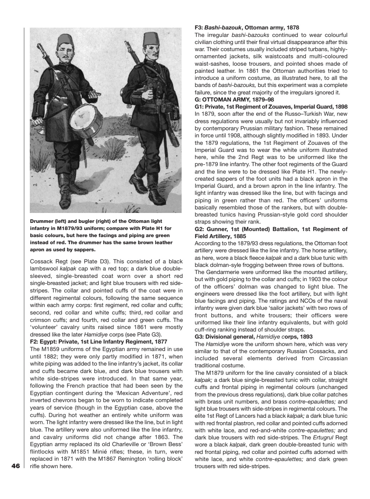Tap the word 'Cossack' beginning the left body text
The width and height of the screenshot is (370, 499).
(x=41, y=261)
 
